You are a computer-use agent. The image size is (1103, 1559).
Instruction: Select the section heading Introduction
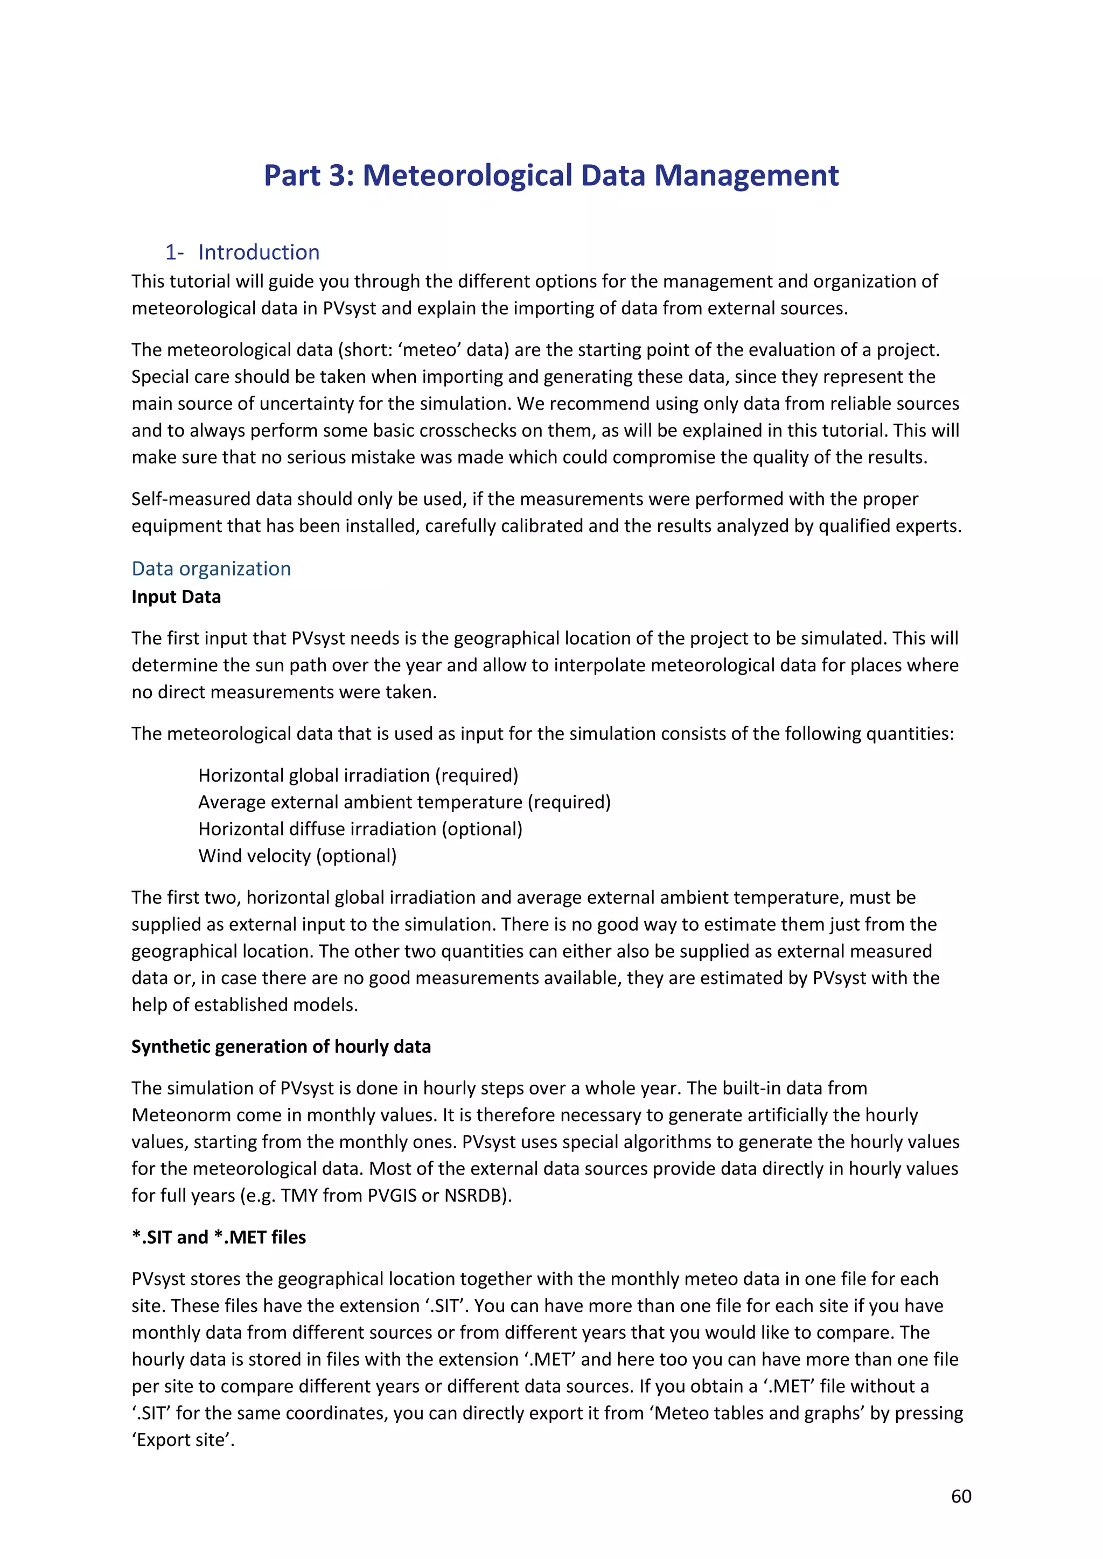(259, 252)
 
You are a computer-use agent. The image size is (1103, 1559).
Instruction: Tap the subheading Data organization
(211, 568)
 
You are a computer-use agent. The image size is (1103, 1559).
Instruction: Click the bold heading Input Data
(176, 597)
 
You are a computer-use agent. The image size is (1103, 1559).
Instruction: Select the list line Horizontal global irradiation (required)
(358, 775)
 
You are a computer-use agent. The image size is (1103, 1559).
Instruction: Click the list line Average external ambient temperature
(404, 802)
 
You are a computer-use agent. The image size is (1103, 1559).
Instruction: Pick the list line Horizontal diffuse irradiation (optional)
(360, 829)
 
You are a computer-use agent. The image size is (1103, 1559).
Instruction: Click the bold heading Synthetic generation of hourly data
(281, 1047)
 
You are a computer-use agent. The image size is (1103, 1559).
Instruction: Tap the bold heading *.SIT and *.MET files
(219, 1237)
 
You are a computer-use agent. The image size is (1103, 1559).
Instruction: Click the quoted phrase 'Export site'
(183, 1439)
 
